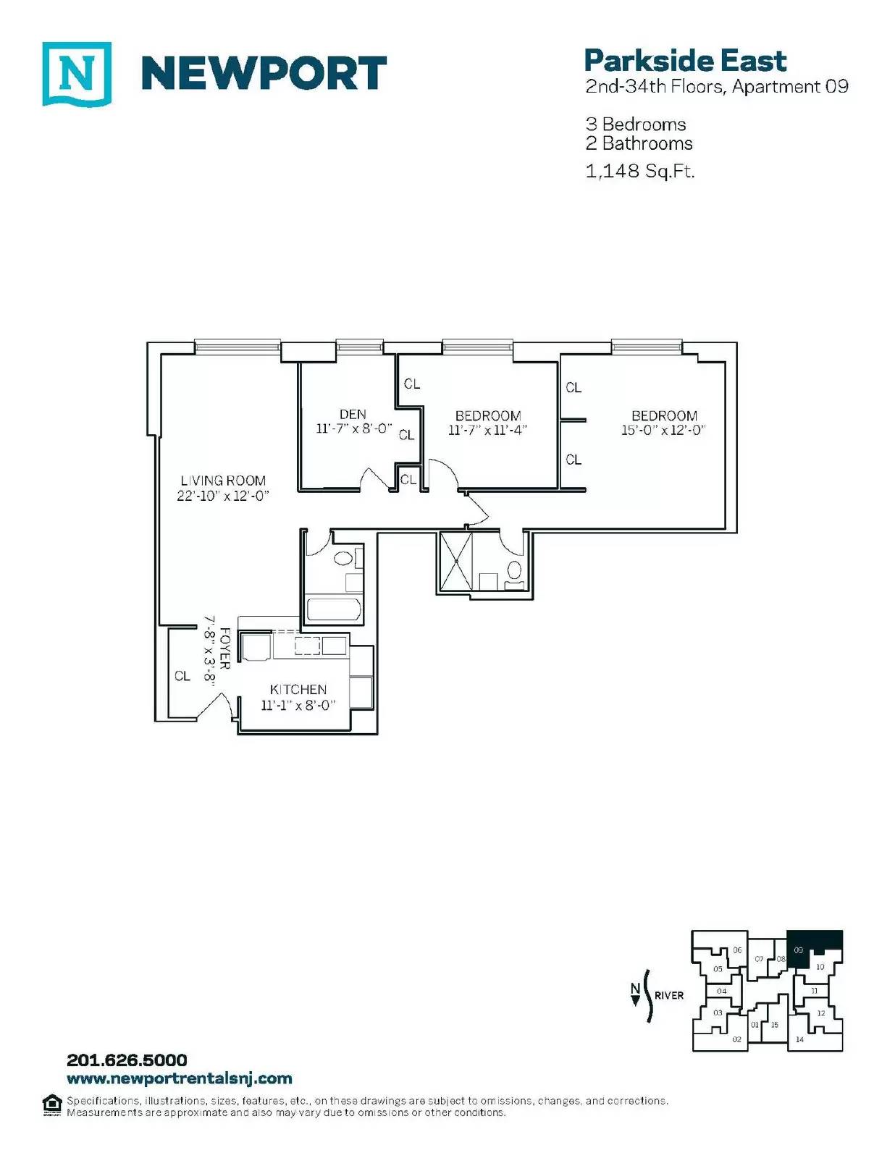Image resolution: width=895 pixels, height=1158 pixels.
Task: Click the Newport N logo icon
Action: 77,74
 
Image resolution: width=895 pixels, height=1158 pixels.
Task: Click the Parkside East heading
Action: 685,61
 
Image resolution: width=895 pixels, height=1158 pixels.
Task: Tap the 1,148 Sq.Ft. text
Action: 640,172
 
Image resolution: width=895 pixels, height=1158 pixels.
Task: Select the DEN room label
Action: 353,414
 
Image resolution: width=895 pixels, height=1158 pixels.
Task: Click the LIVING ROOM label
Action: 223,481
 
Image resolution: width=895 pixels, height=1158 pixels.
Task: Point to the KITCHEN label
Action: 298,690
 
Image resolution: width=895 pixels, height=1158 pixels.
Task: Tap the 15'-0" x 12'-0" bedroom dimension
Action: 664,430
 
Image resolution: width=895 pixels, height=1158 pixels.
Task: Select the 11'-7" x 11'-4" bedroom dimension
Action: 488,430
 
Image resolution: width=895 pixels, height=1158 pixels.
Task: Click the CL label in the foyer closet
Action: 182,676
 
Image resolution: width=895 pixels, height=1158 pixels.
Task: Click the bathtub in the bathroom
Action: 335,610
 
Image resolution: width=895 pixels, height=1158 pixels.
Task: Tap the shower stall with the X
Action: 455,561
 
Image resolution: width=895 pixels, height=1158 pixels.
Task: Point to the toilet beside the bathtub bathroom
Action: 343,559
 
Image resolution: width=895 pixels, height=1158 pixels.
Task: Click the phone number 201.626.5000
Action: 127,1060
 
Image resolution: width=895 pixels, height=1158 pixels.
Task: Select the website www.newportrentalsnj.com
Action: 180,1078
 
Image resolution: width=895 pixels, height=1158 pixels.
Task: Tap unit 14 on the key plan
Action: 799,1039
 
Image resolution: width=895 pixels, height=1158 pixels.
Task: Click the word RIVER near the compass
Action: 669,995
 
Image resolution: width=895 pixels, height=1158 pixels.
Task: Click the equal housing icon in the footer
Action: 51,1104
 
